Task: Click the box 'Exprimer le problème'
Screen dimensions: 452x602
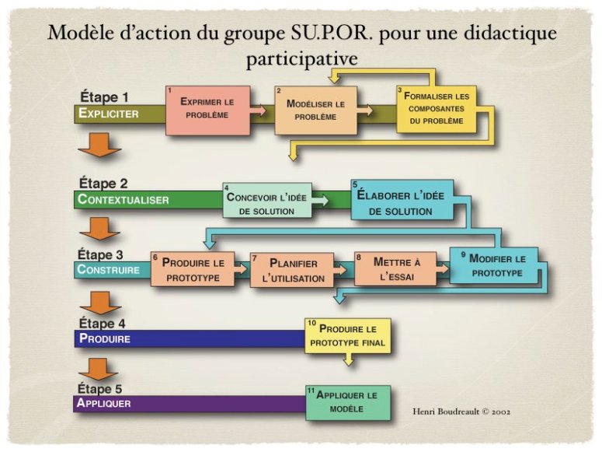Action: point(207,110)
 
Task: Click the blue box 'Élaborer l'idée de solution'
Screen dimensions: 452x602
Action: point(402,201)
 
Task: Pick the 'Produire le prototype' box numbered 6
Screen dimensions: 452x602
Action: point(193,269)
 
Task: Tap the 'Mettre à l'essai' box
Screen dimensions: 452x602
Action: point(395,269)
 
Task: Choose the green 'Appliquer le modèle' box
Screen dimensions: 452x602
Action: point(347,401)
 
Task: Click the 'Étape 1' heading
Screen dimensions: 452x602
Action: point(103,97)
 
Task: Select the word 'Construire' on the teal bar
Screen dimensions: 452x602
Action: point(109,270)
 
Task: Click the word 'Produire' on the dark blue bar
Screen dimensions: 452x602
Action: point(104,338)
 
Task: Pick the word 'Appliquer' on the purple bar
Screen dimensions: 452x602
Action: point(104,403)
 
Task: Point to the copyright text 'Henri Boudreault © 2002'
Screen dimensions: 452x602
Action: point(462,410)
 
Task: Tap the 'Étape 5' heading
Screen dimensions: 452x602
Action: point(102,388)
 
